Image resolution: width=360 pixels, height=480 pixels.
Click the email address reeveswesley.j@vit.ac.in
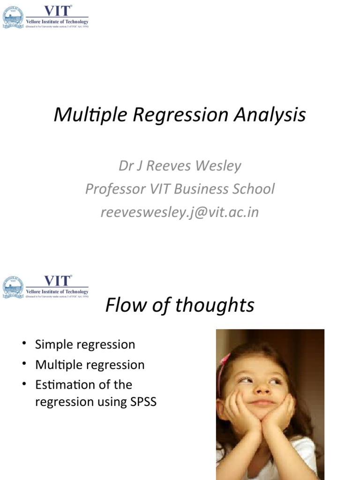180,212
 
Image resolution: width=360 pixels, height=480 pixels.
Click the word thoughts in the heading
215,305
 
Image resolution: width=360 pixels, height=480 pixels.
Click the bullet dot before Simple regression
23,344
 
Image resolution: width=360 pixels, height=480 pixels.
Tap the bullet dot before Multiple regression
23,364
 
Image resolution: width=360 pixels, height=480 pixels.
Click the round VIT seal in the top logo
13,17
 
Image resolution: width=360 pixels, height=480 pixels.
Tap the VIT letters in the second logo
57,281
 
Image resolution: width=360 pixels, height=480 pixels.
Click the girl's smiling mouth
262,402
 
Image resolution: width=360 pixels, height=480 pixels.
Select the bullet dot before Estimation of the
23,384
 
